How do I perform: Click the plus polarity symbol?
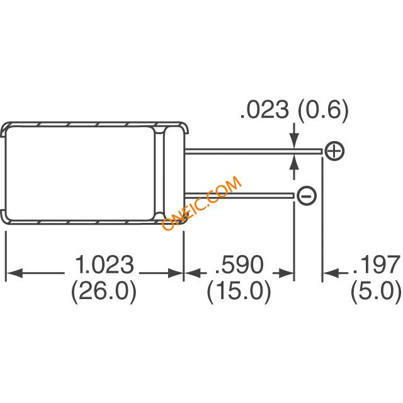coord(334,150)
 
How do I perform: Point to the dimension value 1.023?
coord(105,264)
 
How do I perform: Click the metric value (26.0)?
coord(105,291)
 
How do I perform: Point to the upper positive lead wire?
coord(252,150)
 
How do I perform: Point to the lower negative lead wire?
coord(239,196)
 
